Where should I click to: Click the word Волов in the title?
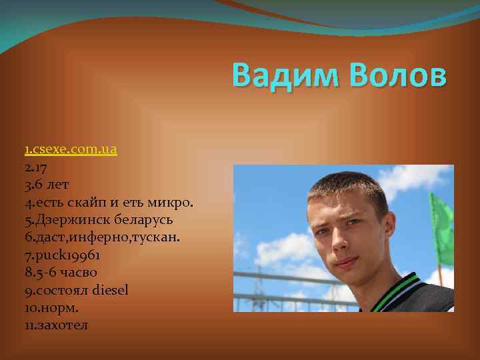point(398,75)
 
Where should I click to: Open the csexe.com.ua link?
point(73,149)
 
